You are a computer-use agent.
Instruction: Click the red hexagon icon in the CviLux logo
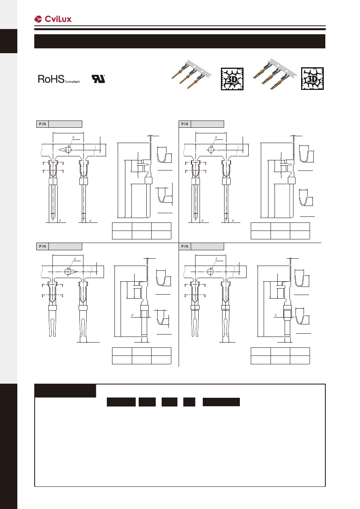38,19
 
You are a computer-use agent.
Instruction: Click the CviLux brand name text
58,19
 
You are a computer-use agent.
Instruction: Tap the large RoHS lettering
51,79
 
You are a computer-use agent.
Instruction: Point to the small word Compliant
72,82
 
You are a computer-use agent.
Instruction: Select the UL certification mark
98,79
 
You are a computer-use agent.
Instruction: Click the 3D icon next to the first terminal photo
232,79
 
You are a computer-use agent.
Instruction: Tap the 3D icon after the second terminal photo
312,79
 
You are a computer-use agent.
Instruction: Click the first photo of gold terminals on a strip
191,75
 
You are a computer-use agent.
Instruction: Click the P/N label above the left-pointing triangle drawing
42,124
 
